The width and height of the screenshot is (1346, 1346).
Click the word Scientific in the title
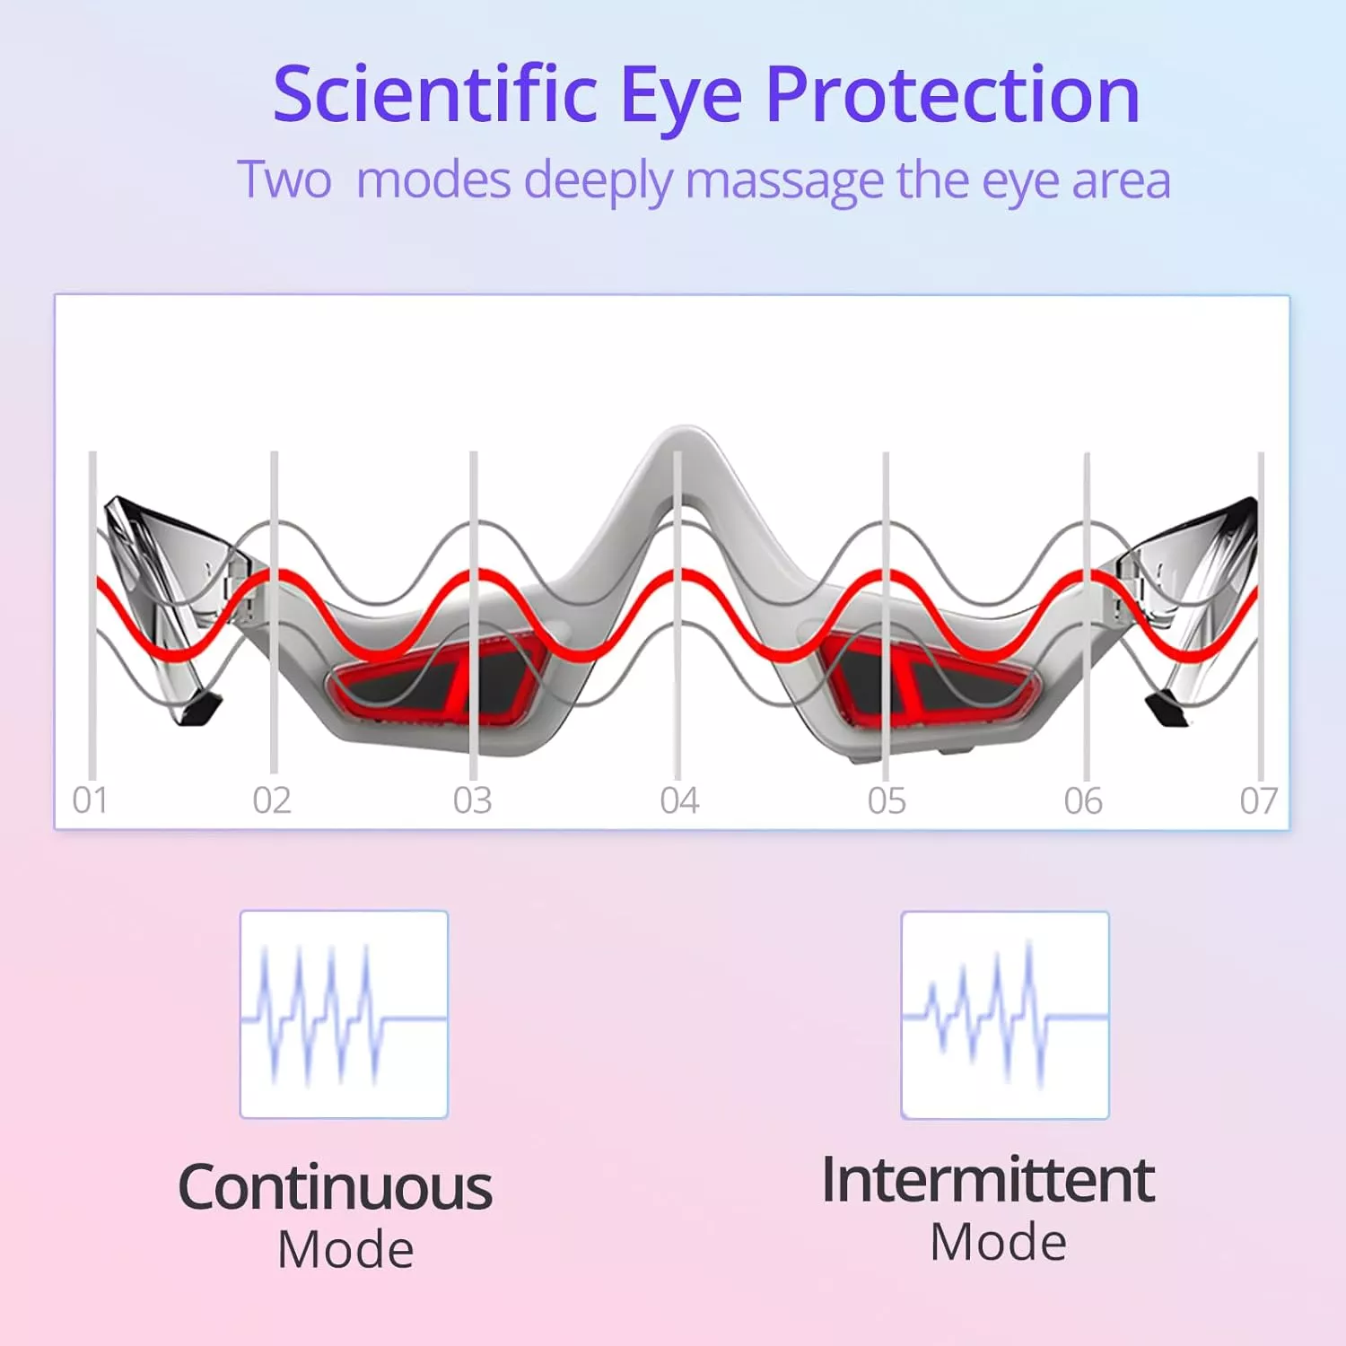click(x=435, y=94)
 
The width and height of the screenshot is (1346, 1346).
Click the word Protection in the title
click(x=952, y=94)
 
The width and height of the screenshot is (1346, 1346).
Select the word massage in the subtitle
click(x=785, y=182)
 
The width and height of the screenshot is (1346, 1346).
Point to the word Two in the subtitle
click(x=284, y=179)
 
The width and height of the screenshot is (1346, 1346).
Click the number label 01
click(x=91, y=800)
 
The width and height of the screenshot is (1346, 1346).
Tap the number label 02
click(x=272, y=800)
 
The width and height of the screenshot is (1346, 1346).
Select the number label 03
click(x=473, y=800)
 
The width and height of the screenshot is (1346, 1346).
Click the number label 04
click(x=679, y=800)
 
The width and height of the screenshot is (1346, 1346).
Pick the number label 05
click(x=887, y=800)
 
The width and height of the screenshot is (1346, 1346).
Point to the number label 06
click(x=1083, y=800)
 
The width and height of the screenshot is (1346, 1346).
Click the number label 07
click(x=1259, y=800)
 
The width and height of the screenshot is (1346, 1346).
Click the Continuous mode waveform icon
click(x=344, y=1015)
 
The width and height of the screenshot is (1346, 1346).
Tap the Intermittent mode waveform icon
click(x=1005, y=1016)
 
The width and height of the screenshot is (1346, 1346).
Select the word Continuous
click(x=336, y=1188)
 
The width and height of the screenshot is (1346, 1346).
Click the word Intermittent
click(x=988, y=1180)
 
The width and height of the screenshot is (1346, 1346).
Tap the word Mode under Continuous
click(x=345, y=1250)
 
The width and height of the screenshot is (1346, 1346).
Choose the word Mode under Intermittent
click(x=998, y=1243)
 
